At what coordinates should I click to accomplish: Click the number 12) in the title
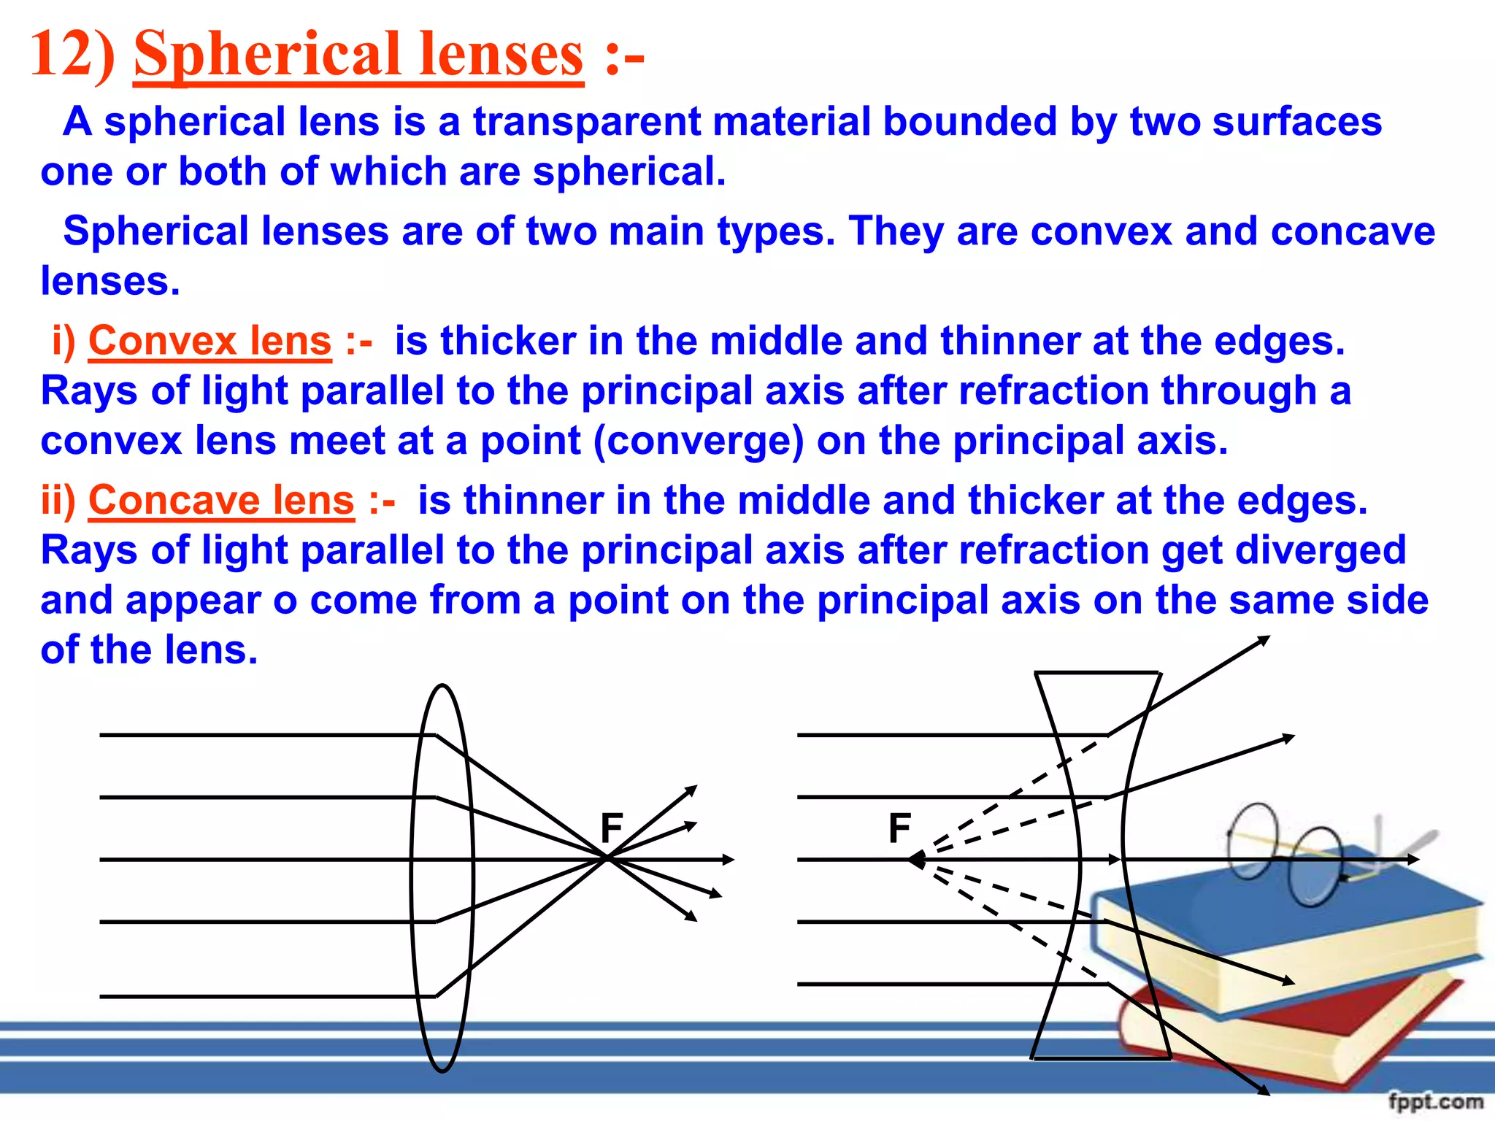[72, 55]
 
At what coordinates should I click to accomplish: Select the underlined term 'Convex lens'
[210, 341]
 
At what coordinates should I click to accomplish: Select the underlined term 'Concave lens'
[221, 501]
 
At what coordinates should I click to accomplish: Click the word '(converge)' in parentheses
[699, 442]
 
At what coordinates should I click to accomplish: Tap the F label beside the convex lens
[612, 828]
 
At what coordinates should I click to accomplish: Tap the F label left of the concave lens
[900, 828]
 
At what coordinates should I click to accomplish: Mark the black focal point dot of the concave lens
[917, 860]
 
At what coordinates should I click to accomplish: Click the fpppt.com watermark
[1435, 1101]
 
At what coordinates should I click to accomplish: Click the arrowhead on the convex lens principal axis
[729, 860]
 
